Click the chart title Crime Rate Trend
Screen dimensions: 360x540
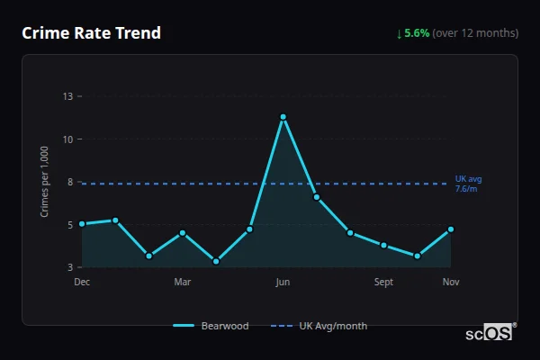pyautogui.click(x=91, y=33)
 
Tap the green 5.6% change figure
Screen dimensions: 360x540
pyautogui.click(x=417, y=33)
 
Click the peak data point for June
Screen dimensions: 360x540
pyautogui.click(x=283, y=117)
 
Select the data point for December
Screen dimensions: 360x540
pyautogui.click(x=82, y=224)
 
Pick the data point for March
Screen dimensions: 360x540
pyautogui.click(x=183, y=233)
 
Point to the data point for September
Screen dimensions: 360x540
pyautogui.click(x=383, y=245)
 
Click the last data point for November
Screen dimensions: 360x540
pyautogui.click(x=451, y=229)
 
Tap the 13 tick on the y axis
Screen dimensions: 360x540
pyautogui.click(x=68, y=95)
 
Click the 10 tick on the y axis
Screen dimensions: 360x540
pyautogui.click(x=68, y=139)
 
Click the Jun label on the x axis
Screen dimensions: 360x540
pyautogui.click(x=283, y=283)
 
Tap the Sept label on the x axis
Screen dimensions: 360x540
pyautogui.click(x=383, y=283)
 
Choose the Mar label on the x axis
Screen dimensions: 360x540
pyautogui.click(x=183, y=283)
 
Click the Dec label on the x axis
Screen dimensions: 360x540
pyautogui.click(x=82, y=283)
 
